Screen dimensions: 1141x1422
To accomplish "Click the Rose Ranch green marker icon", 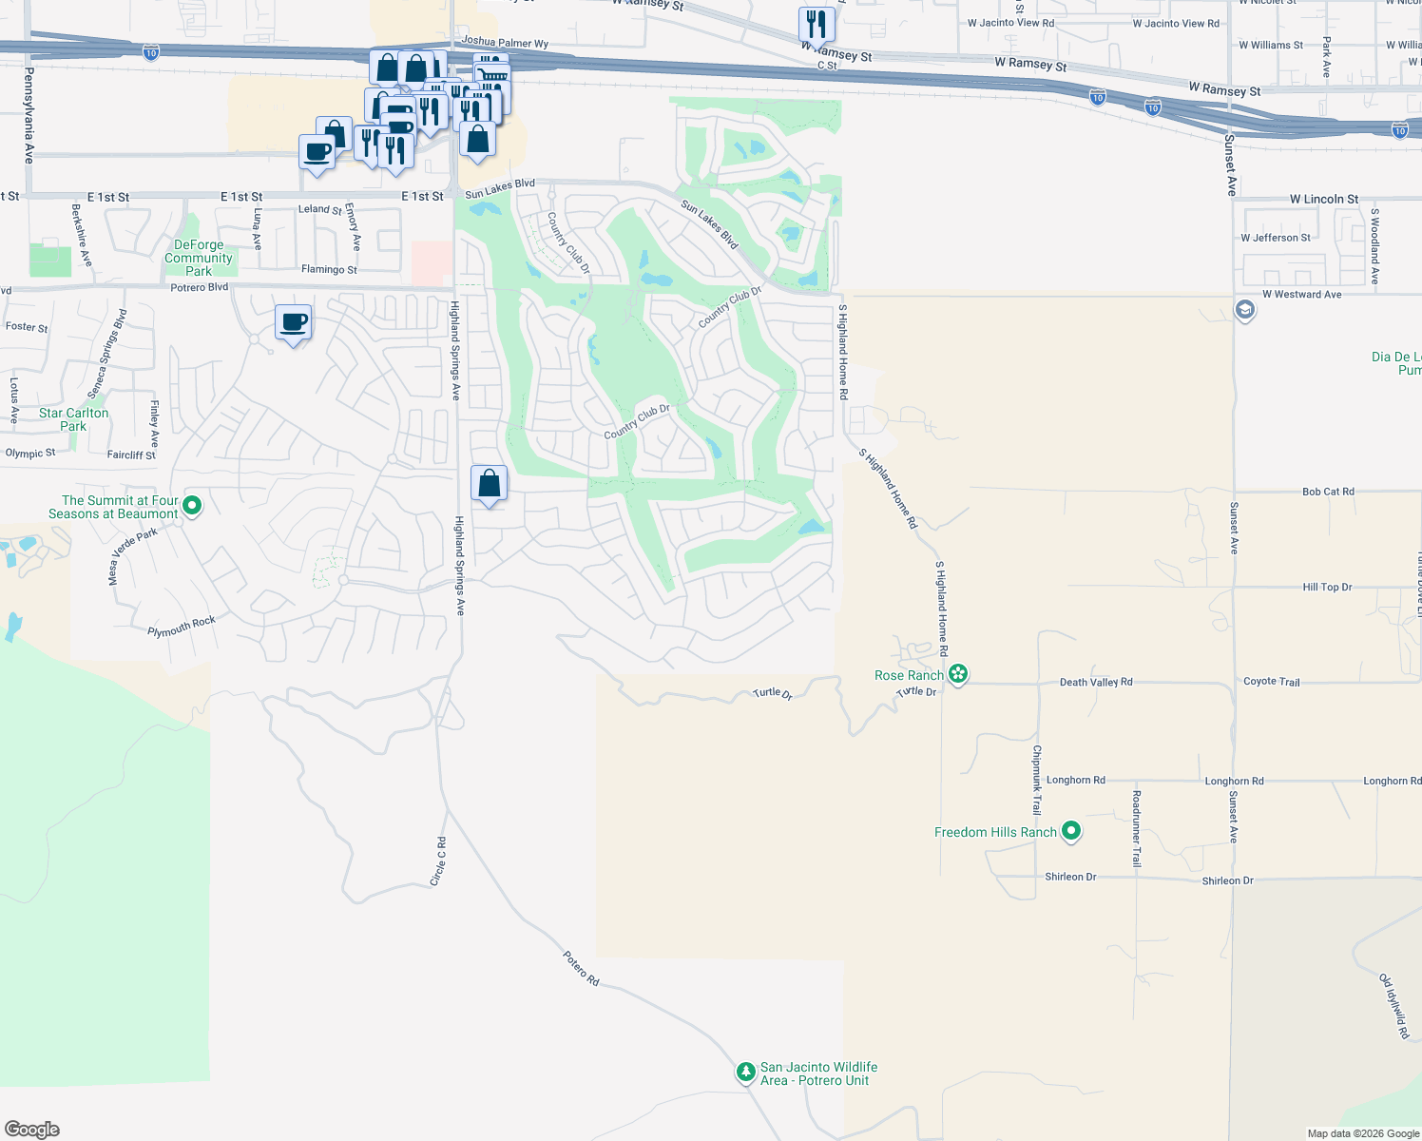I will [x=958, y=674].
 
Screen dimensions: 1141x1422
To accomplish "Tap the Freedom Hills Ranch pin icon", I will [x=1071, y=831].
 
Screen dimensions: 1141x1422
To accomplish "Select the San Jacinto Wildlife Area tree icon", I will [x=746, y=1072].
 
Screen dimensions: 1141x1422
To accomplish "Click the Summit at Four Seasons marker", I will [x=192, y=505].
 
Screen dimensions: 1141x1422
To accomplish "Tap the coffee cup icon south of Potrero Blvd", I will [x=294, y=322].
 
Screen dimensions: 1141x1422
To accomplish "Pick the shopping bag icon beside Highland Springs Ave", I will [x=489, y=483].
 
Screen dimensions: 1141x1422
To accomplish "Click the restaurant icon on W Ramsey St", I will [x=816, y=23].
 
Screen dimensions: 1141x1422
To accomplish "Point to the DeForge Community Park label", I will [x=198, y=258].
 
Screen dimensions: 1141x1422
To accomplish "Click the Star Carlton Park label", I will [x=73, y=419].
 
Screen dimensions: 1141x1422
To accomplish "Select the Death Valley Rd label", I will [x=1096, y=682].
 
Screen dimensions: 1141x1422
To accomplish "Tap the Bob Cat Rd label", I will [x=1328, y=492].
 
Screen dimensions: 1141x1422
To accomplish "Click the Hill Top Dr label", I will [x=1327, y=587].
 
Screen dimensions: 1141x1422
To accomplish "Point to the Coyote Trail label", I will [x=1271, y=682].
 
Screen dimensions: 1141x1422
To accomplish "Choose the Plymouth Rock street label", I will [x=182, y=627].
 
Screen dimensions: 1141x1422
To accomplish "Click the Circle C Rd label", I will [x=438, y=861].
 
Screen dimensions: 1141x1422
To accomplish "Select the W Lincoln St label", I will [x=1323, y=199].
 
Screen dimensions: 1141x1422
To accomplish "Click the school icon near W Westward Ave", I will [x=1244, y=310].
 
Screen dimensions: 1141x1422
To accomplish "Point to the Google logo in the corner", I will [x=32, y=1129].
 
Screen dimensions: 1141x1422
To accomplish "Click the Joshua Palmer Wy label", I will [x=505, y=43].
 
